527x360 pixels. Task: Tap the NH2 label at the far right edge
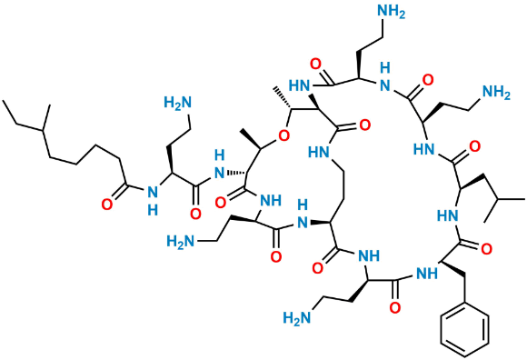tap(496, 93)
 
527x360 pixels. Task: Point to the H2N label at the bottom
tap(299, 317)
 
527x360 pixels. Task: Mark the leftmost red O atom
tap(107, 205)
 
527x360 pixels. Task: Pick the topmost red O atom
tap(316, 65)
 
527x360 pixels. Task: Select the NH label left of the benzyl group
tap(425, 271)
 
